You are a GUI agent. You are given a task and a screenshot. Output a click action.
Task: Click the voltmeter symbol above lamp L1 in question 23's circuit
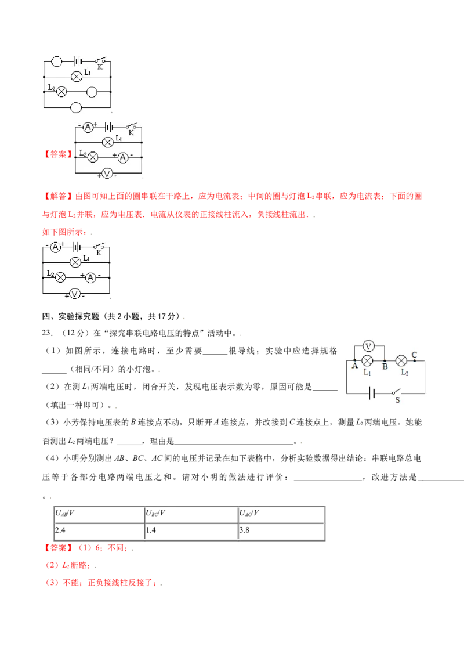368,346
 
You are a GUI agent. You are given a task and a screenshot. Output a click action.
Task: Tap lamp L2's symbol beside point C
401,360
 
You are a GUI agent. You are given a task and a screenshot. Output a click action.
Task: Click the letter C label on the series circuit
414,355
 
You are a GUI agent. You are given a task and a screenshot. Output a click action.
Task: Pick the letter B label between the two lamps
385,366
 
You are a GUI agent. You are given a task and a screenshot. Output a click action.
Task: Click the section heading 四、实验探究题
71,316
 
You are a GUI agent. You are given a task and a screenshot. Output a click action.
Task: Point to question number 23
46,333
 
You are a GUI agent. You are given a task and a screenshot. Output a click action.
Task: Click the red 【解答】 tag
58,196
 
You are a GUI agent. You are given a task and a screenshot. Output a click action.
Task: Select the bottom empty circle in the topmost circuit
76,108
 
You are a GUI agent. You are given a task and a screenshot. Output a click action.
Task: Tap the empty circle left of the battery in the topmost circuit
56,62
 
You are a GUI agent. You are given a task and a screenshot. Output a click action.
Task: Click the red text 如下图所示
64,232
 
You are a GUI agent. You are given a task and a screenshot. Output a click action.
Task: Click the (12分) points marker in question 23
75,333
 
